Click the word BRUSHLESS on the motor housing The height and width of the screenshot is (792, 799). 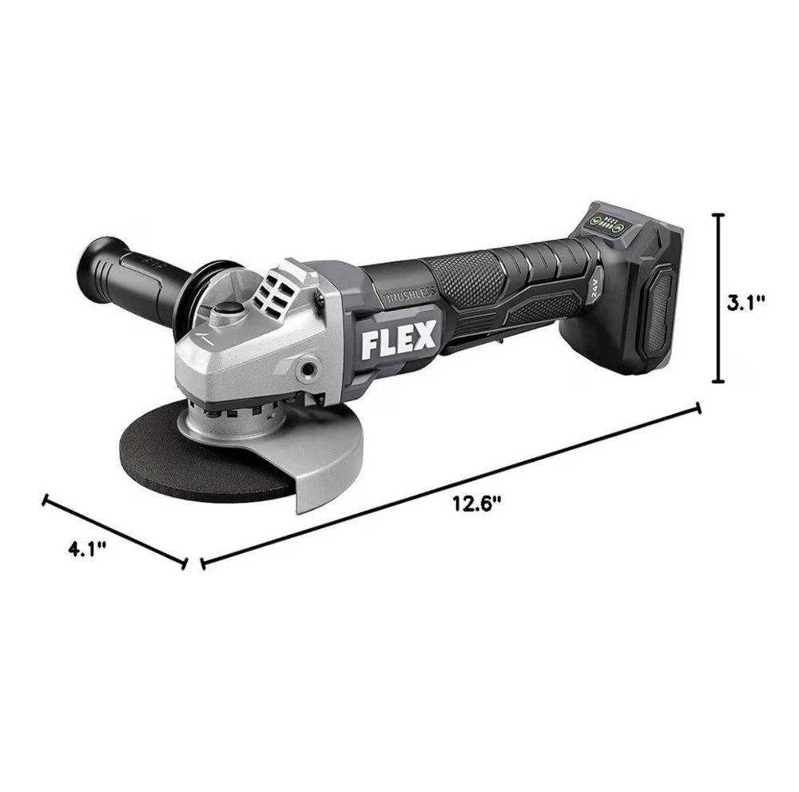pyautogui.click(x=409, y=293)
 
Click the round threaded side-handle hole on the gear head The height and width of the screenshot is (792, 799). pyautogui.click(x=304, y=369)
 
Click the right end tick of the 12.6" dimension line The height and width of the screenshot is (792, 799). pyautogui.click(x=699, y=408)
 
